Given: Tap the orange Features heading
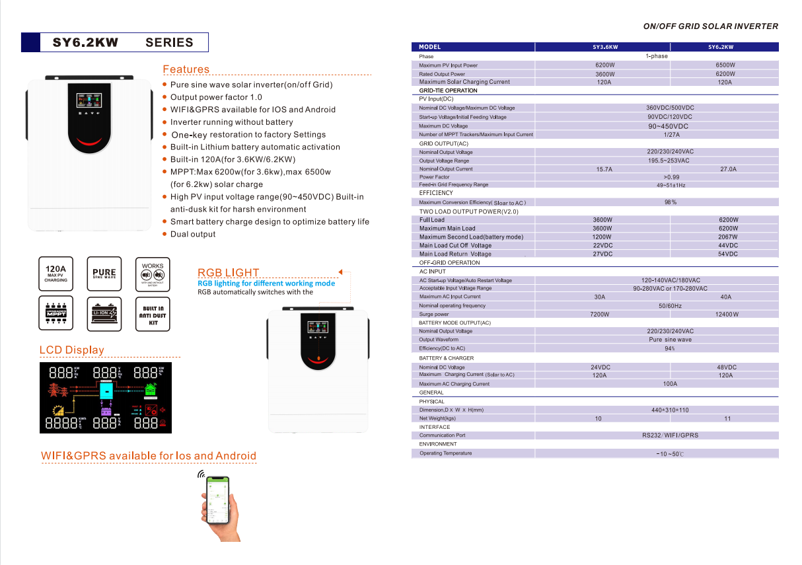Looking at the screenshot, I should click(x=186, y=69).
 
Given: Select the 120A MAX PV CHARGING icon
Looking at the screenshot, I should click(x=55, y=274).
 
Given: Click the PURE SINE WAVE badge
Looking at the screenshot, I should click(x=104, y=274).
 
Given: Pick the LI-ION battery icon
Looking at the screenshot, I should click(x=104, y=313).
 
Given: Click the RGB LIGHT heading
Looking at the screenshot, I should click(x=229, y=272).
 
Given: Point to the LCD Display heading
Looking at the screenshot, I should click(x=71, y=350).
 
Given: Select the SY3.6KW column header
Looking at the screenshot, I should click(x=604, y=47).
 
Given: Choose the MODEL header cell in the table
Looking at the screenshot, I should click(x=429, y=47).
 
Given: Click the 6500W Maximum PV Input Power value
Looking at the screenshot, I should click(x=725, y=65).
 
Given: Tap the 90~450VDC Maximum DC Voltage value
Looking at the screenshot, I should click(x=668, y=126).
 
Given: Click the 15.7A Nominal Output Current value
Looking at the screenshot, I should click(x=604, y=169).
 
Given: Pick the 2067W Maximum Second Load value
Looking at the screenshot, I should click(x=728, y=237).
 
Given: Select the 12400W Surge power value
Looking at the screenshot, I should click(x=727, y=315).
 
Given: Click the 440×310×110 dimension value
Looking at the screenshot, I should click(x=670, y=410).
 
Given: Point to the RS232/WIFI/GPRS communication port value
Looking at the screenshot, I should click(x=670, y=435).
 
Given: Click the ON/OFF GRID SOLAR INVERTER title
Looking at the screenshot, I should click(x=710, y=26).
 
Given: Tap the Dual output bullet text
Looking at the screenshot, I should click(x=193, y=234).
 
